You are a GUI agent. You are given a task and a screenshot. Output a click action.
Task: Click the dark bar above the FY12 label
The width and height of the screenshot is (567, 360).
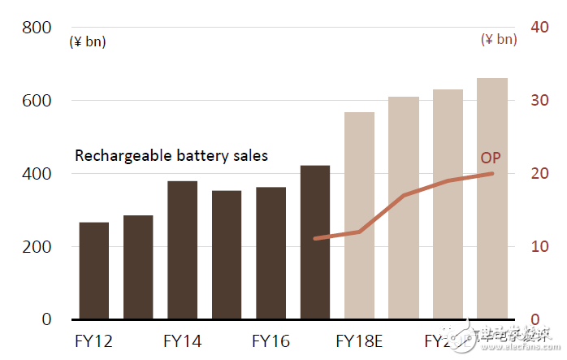pos(94,270)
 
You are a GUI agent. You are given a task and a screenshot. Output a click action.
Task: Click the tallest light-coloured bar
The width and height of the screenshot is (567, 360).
pos(491,198)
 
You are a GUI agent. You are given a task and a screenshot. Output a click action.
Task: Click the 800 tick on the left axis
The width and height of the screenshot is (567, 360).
pos(37,28)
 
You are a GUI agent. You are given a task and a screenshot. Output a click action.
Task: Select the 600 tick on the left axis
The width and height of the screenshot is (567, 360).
pos(37,101)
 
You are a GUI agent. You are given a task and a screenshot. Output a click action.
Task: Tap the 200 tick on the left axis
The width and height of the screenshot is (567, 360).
pos(37,246)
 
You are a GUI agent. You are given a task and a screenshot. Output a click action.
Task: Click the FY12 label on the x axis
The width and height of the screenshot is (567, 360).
pos(94,340)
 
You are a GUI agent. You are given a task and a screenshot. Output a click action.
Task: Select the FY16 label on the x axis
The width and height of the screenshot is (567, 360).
pos(271,340)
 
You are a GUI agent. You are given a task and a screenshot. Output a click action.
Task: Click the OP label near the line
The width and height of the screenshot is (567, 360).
pos(491,158)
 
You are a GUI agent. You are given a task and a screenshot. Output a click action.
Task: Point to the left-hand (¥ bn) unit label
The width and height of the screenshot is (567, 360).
pos(88,41)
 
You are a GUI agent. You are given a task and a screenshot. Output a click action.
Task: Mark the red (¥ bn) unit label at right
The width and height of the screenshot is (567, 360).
pos(498,39)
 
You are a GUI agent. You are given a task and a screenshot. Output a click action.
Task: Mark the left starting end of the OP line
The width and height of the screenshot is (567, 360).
pos(315,239)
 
